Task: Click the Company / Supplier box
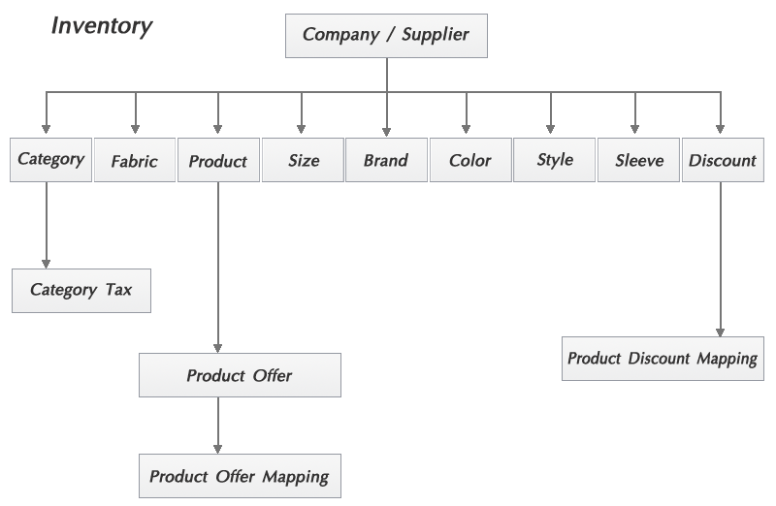coord(386,36)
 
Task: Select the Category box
coord(50,159)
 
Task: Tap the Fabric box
coord(134,161)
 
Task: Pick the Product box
coord(218,161)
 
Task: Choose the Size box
coord(304,161)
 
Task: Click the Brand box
coord(386,161)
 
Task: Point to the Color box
coord(470,161)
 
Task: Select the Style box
coord(555,160)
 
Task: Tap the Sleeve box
coord(639,161)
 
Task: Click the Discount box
coord(722,161)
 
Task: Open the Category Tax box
coord(81,290)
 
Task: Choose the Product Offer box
coord(240,375)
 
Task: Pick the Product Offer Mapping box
coord(240,477)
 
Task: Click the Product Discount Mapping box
coord(663,359)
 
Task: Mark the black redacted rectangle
coord(102,28)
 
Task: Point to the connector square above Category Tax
coord(46,263)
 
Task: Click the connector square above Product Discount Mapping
coord(721,332)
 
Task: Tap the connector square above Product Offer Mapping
coord(217,449)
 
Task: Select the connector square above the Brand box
coord(386,132)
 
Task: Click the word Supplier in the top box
coord(434,35)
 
